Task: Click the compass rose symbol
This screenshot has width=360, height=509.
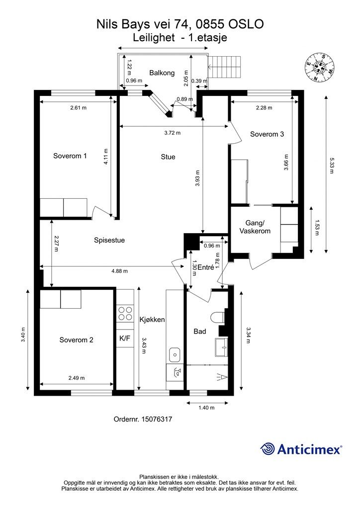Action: pos(320,67)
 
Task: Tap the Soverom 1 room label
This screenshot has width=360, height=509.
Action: pos(70,156)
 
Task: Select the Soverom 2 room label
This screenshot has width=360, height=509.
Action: pos(76,340)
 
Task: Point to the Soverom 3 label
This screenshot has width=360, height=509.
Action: pos(267,134)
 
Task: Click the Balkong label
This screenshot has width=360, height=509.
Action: pos(162,73)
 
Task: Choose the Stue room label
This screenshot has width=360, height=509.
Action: pos(168,157)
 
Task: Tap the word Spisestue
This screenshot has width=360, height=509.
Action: pos(109,240)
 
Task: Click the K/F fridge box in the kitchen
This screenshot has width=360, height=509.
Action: pos(125,338)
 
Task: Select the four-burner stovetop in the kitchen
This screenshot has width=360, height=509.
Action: pos(125,313)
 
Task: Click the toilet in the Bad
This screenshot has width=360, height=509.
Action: pos(217,317)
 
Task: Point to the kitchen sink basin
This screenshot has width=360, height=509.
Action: pos(175,354)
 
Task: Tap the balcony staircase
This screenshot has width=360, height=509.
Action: pos(225,67)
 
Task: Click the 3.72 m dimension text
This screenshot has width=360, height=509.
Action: pos(173,133)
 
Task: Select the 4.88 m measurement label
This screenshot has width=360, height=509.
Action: pos(119,271)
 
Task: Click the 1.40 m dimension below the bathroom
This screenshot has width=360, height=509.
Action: pos(206,408)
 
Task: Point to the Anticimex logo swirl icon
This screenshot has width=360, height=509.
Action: pos(267,449)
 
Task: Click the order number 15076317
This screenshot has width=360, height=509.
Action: pos(157,419)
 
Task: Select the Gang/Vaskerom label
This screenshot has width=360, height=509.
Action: pos(255,227)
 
